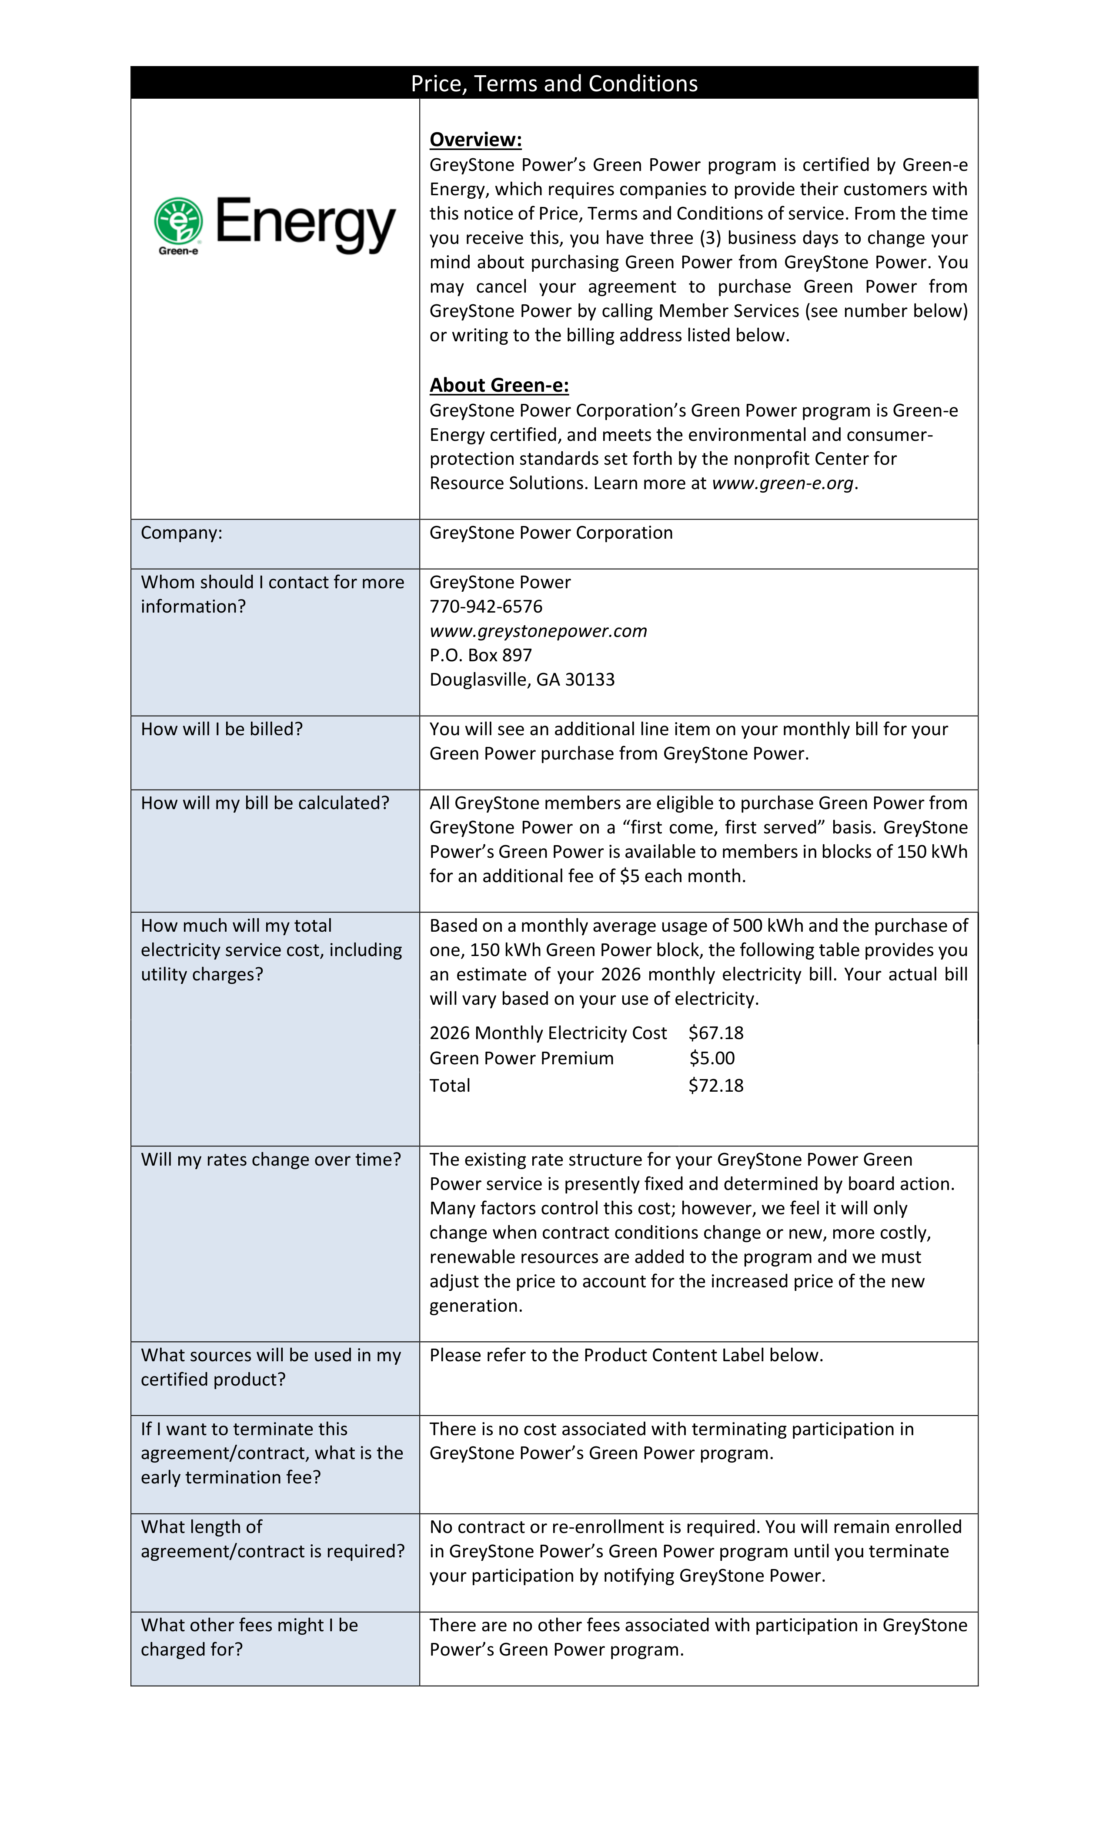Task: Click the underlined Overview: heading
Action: pyautogui.click(x=475, y=139)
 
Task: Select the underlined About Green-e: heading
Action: pyautogui.click(x=499, y=385)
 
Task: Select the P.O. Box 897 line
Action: pyautogui.click(x=481, y=655)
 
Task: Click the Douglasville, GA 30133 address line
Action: pyautogui.click(x=522, y=680)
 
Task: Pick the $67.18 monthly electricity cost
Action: pyautogui.click(x=715, y=1033)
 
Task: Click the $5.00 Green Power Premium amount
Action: pyautogui.click(x=711, y=1058)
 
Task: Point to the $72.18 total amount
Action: pyautogui.click(x=715, y=1086)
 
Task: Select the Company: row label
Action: pyautogui.click(x=182, y=533)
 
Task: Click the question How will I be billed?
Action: pyautogui.click(x=222, y=729)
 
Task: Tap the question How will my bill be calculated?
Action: pyautogui.click(x=265, y=803)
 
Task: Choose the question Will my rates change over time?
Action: pyautogui.click(x=271, y=1160)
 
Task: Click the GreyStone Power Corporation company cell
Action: pyautogui.click(x=551, y=533)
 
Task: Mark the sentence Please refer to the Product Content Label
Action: pyautogui.click(x=626, y=1356)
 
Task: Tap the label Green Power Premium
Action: pyautogui.click(x=521, y=1058)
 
